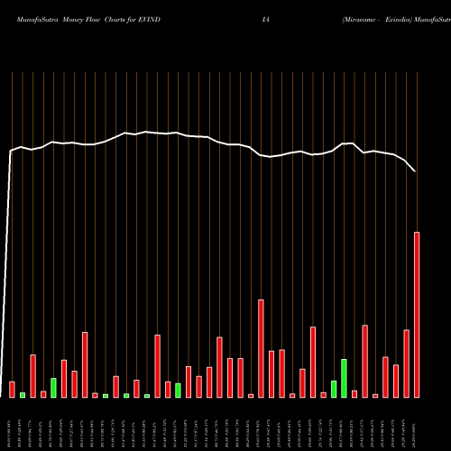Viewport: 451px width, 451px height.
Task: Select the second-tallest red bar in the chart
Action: click(262, 348)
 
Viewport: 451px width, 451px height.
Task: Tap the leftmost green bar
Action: click(23, 394)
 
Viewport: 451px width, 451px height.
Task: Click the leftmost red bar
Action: click(12, 389)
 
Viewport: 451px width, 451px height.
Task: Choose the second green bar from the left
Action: click(53, 387)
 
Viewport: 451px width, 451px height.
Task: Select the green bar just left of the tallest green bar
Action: click(334, 389)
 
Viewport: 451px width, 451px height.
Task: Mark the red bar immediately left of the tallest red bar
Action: click(406, 364)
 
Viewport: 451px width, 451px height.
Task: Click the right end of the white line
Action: click(416, 171)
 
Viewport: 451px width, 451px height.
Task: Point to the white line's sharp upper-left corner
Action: click(11, 151)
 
